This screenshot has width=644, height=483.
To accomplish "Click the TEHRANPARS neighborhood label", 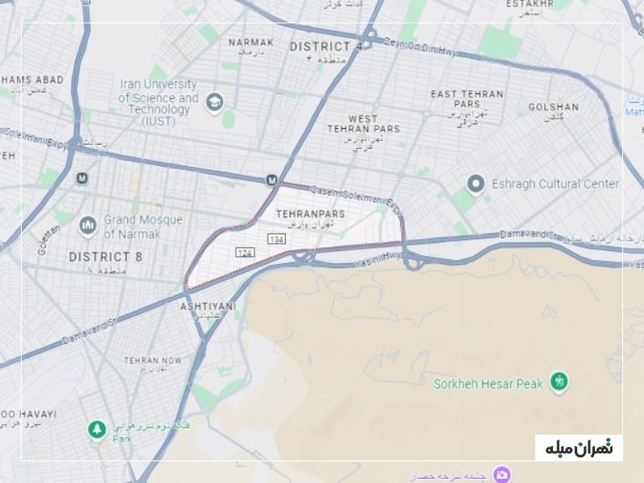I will click(x=310, y=213).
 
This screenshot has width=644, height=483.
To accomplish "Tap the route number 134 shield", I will click(x=276, y=240).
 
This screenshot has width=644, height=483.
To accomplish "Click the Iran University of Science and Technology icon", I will click(x=213, y=102).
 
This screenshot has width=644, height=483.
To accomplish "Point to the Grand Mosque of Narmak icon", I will click(x=88, y=226).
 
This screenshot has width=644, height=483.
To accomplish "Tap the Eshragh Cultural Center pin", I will click(x=476, y=184).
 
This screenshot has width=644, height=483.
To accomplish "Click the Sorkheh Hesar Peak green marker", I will click(x=559, y=382).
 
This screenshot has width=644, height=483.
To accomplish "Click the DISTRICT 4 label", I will click(x=325, y=47).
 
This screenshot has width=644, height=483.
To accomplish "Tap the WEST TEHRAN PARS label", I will click(x=363, y=124).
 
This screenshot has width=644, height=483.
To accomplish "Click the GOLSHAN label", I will click(x=553, y=107).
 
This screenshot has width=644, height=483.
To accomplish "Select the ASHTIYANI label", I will click(x=208, y=307).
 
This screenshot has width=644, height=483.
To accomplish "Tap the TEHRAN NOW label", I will click(x=153, y=361).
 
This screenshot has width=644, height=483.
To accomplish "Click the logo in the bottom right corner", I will click(x=579, y=448).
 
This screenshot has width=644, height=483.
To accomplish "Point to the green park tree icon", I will click(x=97, y=430).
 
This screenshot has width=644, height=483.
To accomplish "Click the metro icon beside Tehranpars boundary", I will click(x=272, y=180).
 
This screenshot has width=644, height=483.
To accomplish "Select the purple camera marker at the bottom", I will click(x=502, y=473).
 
